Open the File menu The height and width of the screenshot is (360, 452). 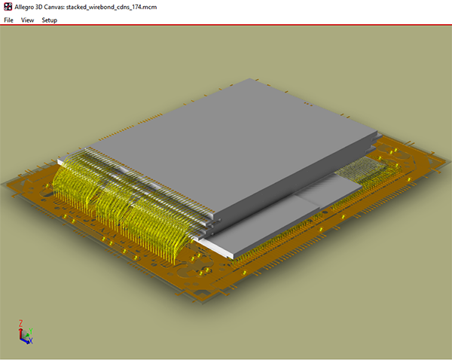(8, 20)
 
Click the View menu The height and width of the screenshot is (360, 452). (28, 20)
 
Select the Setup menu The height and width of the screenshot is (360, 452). (50, 20)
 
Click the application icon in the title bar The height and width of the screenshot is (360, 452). (8, 6)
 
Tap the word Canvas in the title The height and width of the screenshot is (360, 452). (65, 6)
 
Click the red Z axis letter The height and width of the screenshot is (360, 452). (19, 323)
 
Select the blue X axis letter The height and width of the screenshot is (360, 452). (30, 341)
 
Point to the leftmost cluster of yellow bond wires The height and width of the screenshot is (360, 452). (72, 188)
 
